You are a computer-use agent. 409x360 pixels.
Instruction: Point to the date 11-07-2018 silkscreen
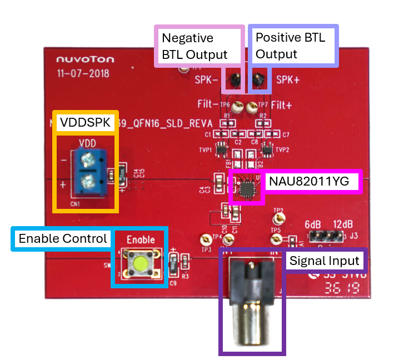83,73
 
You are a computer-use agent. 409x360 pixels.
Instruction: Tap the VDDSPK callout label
86,122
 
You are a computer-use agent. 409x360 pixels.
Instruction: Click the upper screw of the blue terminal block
87,162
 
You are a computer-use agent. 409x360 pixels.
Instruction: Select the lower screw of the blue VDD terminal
87,183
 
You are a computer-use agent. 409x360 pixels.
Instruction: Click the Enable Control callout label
62,239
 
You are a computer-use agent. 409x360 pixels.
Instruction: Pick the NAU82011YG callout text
312,182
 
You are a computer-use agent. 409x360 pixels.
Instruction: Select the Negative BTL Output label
194,46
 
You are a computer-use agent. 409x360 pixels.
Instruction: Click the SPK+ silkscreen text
288,79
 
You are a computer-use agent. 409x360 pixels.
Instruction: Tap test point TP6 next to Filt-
237,106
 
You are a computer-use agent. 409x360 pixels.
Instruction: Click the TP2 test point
277,218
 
